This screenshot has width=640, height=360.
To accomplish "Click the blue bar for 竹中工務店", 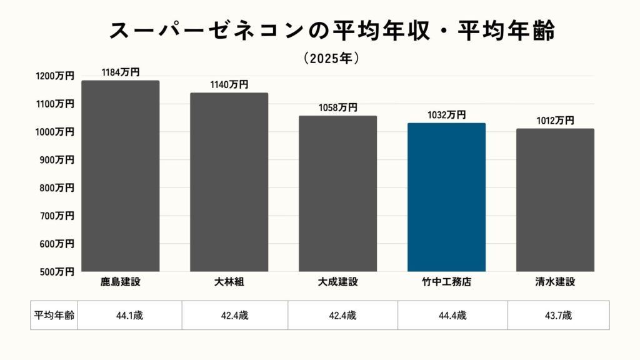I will click(x=446, y=197).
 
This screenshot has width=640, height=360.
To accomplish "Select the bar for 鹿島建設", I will click(x=120, y=176).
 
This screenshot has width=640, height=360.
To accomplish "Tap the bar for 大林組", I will click(x=229, y=182).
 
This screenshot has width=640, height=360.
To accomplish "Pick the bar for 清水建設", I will click(x=555, y=200).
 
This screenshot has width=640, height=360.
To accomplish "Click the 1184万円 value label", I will click(x=121, y=73).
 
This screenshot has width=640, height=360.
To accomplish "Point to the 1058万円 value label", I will click(x=337, y=107).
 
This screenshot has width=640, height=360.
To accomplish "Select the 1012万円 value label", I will click(x=554, y=121).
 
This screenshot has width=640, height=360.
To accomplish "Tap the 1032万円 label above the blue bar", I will click(x=446, y=115).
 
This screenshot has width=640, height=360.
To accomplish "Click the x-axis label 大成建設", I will click(x=337, y=282).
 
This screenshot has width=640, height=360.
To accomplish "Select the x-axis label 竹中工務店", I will click(x=446, y=282).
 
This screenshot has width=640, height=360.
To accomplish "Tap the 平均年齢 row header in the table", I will click(x=54, y=316).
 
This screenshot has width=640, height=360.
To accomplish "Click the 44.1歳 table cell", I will click(x=129, y=316).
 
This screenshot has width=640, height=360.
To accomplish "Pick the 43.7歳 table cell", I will click(x=558, y=316).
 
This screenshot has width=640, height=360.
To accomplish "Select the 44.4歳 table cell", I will click(x=453, y=316).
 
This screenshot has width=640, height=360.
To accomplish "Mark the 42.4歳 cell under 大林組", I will click(x=235, y=316).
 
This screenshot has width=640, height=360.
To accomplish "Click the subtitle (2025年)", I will click(x=331, y=58).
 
